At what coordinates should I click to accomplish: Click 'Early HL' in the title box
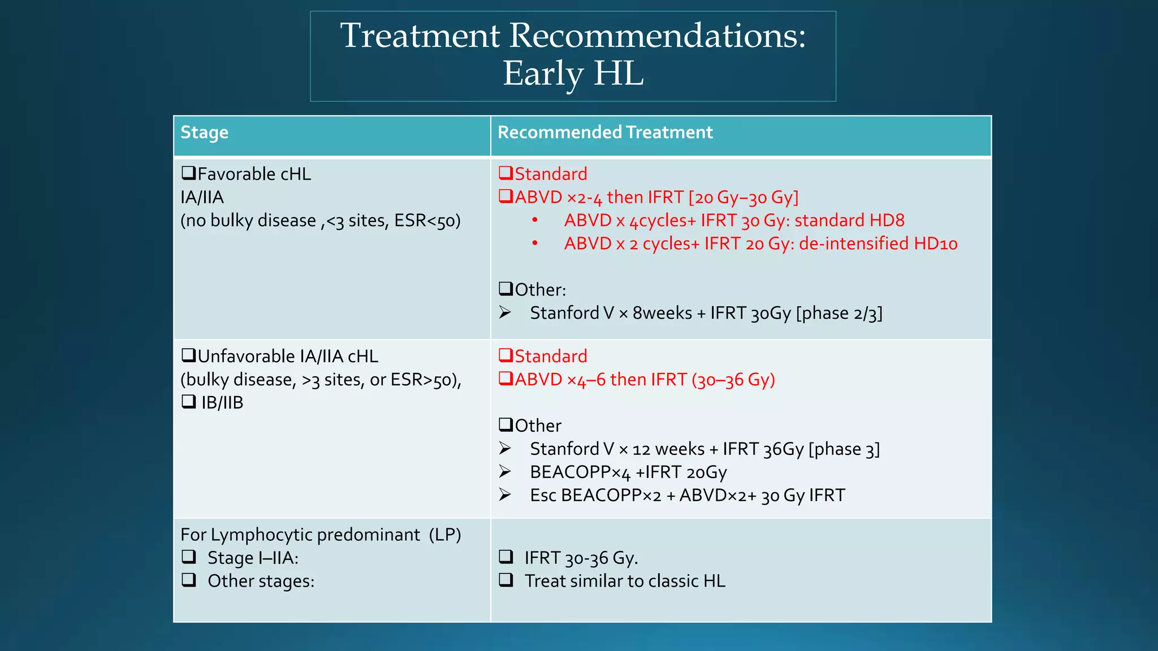click(573, 73)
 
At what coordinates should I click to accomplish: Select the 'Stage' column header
click(204, 132)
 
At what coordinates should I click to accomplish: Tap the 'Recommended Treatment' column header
click(604, 132)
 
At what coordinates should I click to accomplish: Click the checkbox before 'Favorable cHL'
click(188, 173)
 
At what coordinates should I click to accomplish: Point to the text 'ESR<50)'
click(427, 220)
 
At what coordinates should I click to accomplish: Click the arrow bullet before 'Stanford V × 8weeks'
click(505, 313)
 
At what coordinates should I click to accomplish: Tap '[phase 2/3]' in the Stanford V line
click(839, 313)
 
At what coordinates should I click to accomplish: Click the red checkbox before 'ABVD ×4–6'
click(505, 379)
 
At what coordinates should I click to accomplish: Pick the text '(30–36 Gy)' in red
click(733, 380)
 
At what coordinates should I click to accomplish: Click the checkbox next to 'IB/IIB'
click(188, 402)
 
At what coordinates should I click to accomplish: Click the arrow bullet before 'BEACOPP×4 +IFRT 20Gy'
click(505, 471)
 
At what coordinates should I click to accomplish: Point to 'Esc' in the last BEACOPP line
click(543, 496)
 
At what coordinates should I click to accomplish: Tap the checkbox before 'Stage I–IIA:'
click(189, 557)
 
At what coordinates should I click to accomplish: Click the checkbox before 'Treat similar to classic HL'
click(506, 580)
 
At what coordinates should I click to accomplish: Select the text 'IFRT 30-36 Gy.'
click(581, 558)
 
